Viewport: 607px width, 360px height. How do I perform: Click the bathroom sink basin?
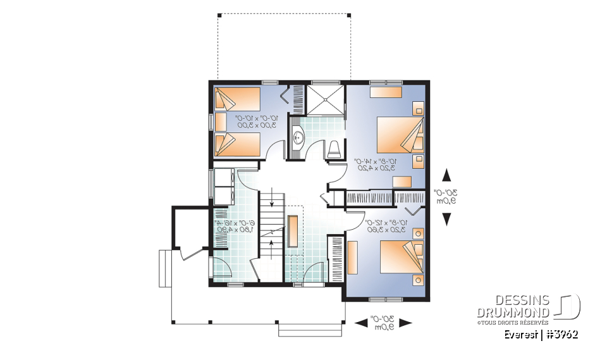[297, 135]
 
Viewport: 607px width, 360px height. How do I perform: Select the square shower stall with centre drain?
[326, 99]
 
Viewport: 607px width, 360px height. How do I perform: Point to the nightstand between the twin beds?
[220, 121]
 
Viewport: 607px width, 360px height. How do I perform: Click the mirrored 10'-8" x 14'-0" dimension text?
[377, 164]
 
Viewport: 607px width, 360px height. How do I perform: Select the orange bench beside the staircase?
[293, 231]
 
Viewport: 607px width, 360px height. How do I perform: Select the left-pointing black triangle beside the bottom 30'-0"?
[361, 323]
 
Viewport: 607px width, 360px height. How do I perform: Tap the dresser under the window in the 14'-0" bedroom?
[385, 92]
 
